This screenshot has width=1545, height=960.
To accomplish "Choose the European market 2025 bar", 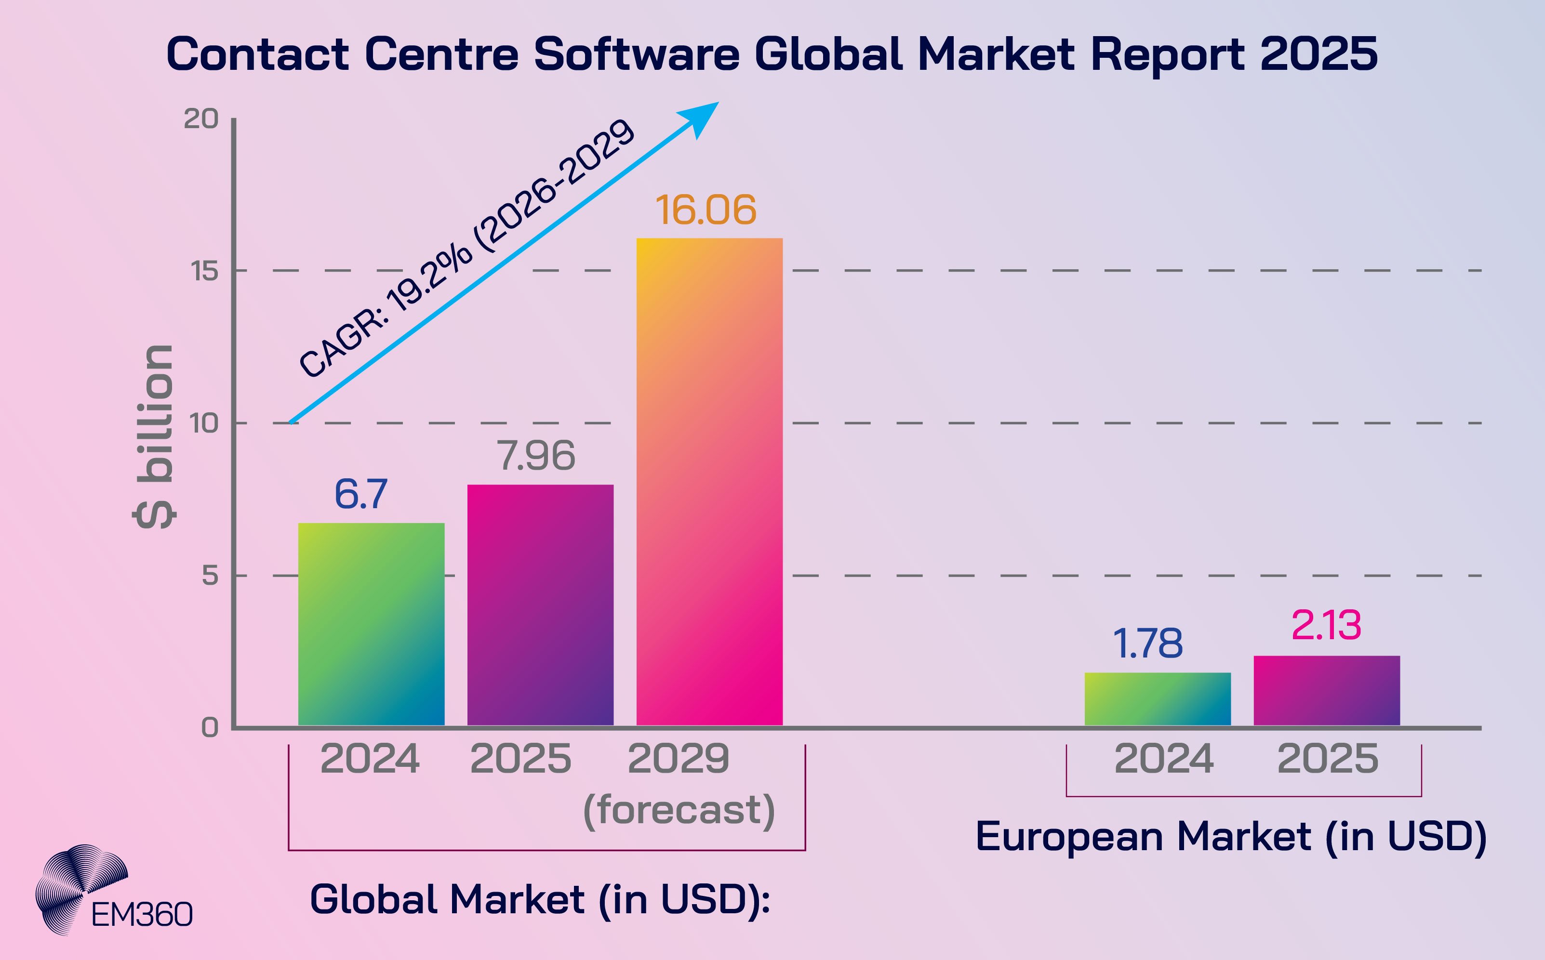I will [1327, 691].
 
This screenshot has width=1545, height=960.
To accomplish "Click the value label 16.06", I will [706, 210].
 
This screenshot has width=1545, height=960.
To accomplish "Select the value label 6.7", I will [360, 495].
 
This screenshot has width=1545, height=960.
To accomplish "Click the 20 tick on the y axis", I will [200, 118].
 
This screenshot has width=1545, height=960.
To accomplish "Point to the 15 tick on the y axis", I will [204, 271].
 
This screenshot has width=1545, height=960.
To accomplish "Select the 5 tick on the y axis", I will [210, 576].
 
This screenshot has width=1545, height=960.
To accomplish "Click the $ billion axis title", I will [154, 437].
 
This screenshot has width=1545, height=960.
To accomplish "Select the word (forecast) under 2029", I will [679, 810].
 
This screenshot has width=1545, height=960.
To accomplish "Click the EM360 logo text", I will [142, 915].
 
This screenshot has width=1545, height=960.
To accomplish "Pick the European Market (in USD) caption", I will [1231, 836].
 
